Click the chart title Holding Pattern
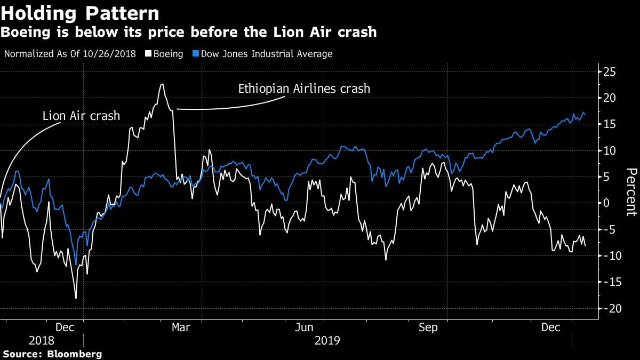[80, 13]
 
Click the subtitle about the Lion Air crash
[189, 33]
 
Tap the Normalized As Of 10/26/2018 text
[70, 54]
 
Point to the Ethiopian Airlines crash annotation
[304, 89]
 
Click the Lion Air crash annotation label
[81, 116]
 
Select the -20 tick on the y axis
[609, 309]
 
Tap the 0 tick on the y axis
[606, 203]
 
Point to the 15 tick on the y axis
[609, 124]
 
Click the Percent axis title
[631, 192]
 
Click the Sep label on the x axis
[428, 327]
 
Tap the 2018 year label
[41, 340]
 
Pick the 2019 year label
[327, 340]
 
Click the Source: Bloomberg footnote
[52, 354]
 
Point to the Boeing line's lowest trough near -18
[76, 298]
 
